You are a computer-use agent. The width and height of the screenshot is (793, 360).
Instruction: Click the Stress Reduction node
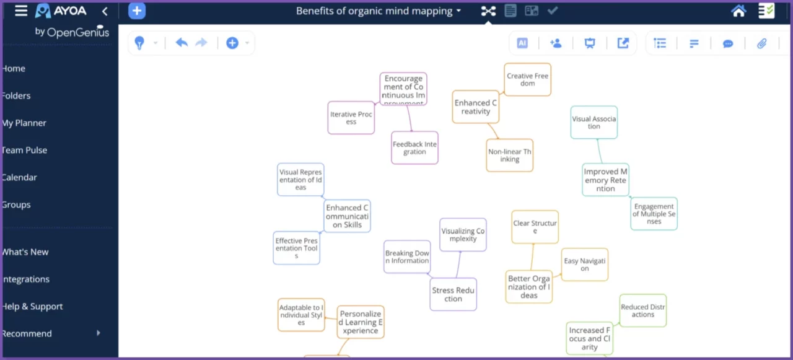[x=453, y=294]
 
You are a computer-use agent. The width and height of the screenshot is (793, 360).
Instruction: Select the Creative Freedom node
[x=527, y=80]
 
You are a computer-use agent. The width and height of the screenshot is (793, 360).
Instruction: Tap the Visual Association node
[x=594, y=122]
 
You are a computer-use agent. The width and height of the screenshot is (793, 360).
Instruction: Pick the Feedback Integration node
[x=414, y=148]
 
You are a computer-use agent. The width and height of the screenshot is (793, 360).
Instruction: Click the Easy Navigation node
[x=584, y=265]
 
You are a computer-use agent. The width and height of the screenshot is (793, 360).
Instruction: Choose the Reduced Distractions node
[x=642, y=310]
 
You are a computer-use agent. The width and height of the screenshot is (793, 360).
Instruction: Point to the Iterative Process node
[x=351, y=118]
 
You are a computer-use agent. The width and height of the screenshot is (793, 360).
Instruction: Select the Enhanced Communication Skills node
[x=347, y=216]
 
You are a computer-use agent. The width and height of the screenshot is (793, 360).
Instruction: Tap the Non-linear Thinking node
[x=509, y=156]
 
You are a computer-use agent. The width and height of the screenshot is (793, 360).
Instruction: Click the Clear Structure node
[x=535, y=227]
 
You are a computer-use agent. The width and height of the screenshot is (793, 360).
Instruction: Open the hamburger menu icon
[x=21, y=11]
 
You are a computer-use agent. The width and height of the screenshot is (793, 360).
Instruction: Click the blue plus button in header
[x=137, y=11]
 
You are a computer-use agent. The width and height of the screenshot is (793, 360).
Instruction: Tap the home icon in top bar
[x=738, y=11]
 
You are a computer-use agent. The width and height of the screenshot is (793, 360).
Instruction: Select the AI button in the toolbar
[x=522, y=43]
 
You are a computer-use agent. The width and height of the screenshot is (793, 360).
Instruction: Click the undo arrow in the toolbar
[x=182, y=43]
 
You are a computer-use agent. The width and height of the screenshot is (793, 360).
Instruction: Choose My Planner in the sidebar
[x=24, y=123]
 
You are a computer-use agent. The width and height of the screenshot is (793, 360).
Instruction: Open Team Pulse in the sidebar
[x=25, y=150]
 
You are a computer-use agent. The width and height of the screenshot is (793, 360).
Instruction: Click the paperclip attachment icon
[x=762, y=43]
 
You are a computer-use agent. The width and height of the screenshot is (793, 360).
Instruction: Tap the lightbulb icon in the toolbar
[x=139, y=43]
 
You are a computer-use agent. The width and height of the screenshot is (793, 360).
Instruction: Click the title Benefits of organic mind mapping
[x=375, y=11]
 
